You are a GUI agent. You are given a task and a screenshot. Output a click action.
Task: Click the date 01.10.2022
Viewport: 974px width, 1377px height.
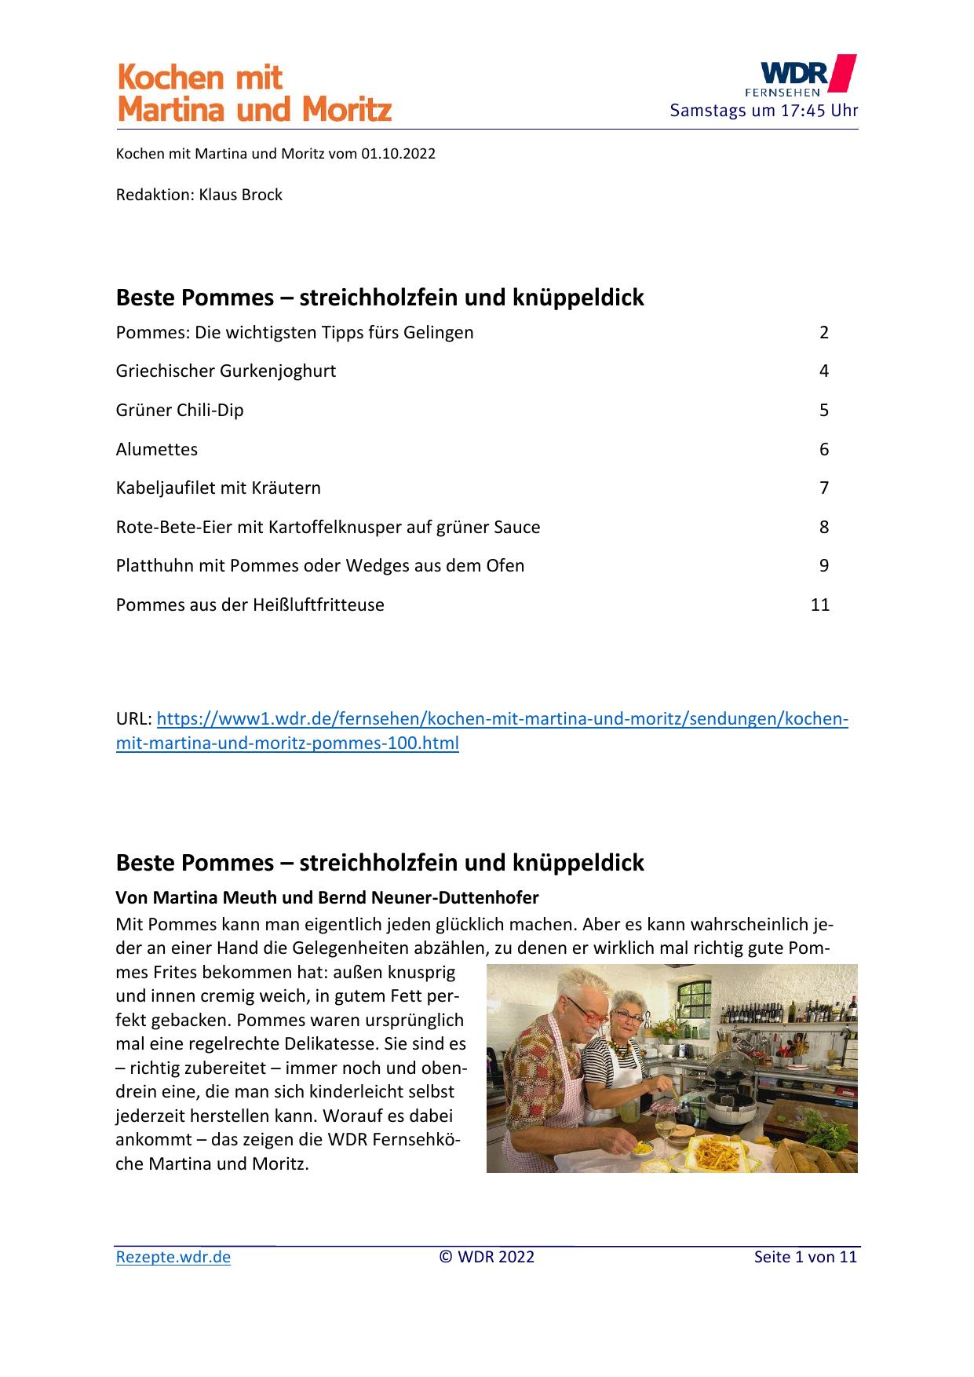click(398, 154)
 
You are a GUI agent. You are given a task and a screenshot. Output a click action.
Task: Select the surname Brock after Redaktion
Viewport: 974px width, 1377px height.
click(261, 195)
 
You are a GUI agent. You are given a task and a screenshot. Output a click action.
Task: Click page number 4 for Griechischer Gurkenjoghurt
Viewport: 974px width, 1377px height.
click(823, 371)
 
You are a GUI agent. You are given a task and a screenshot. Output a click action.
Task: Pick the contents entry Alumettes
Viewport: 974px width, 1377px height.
click(157, 449)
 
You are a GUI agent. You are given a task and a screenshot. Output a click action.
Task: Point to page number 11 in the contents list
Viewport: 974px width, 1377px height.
click(819, 604)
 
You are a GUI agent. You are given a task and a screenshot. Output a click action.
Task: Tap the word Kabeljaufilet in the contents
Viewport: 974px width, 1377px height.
click(166, 488)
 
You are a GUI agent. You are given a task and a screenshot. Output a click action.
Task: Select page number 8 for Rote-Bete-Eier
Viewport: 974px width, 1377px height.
click(823, 527)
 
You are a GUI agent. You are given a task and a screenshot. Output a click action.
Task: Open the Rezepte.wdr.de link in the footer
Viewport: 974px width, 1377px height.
click(173, 1257)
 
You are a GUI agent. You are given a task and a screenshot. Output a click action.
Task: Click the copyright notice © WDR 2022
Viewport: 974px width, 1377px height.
click(487, 1257)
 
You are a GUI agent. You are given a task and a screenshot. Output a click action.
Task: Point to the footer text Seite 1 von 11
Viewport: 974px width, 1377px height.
click(805, 1257)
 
